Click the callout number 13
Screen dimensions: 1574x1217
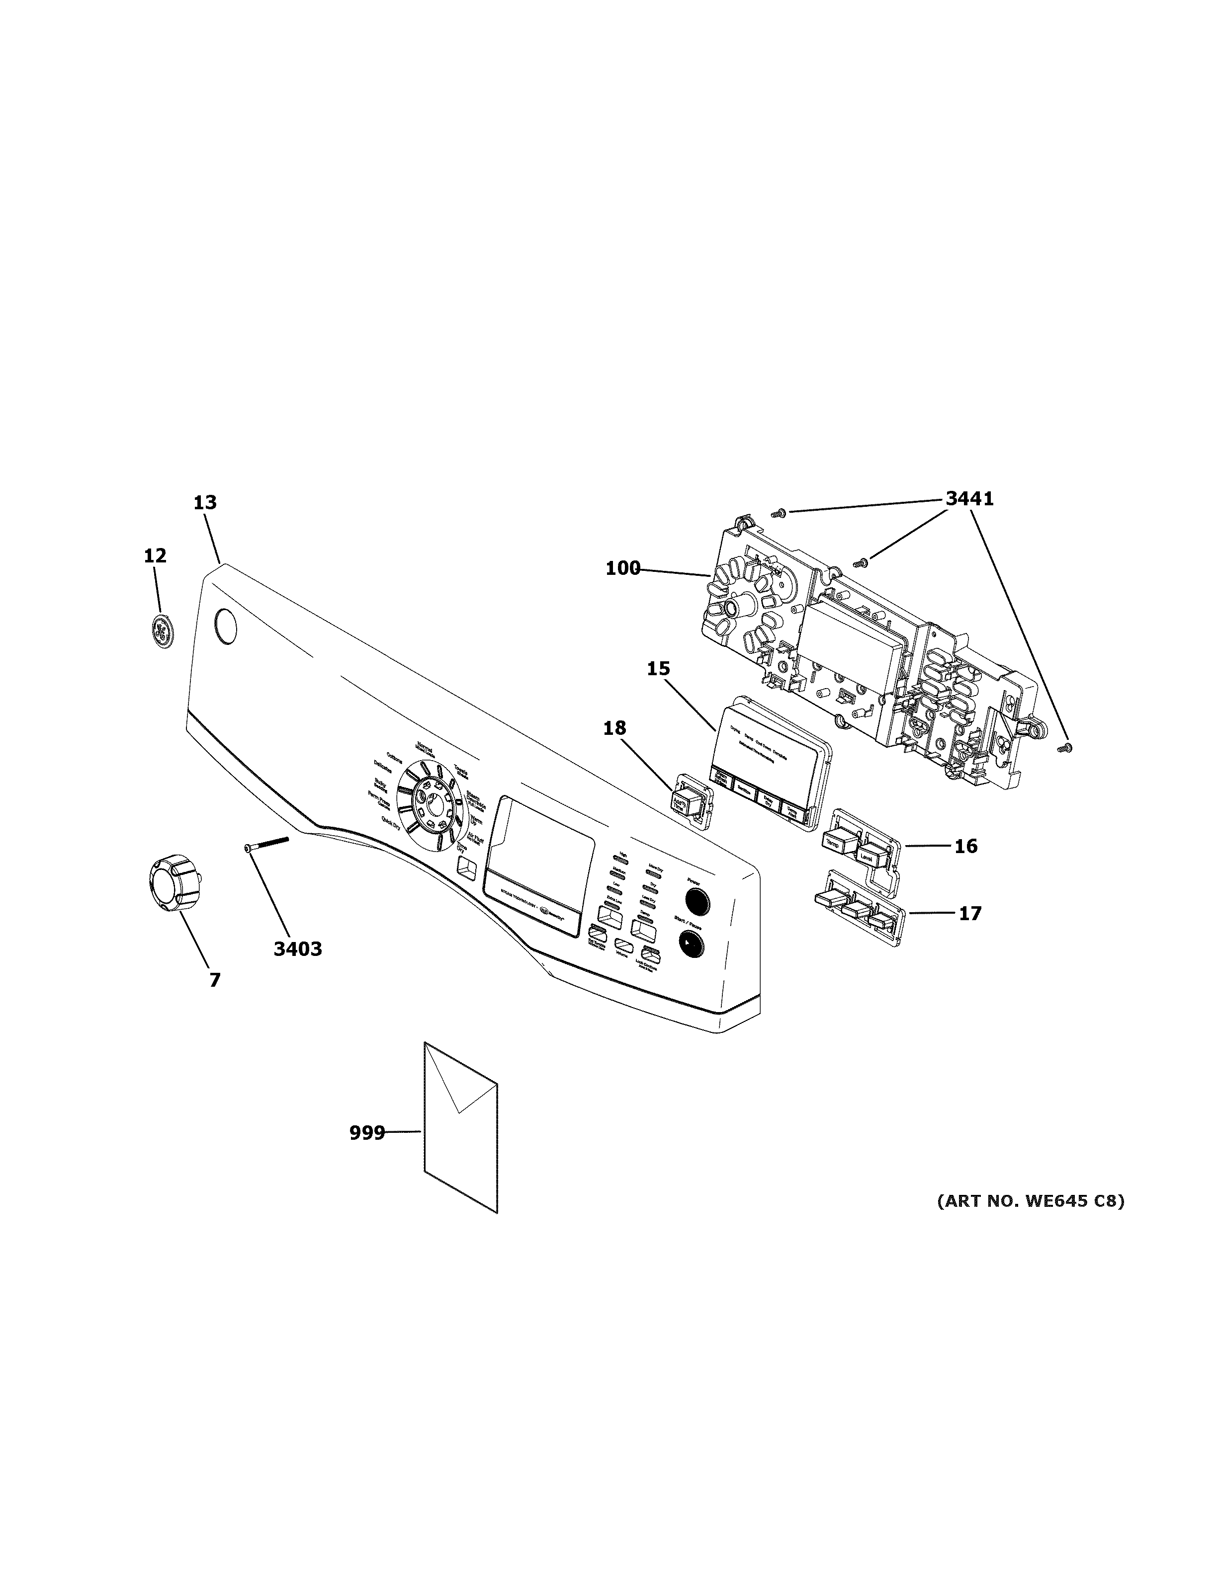pyautogui.click(x=205, y=502)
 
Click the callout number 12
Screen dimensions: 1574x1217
pyautogui.click(x=155, y=555)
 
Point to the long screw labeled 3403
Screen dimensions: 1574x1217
pyautogui.click(x=267, y=844)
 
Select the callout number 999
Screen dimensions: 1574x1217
pyautogui.click(x=366, y=1134)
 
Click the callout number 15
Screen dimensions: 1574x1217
pyautogui.click(x=658, y=668)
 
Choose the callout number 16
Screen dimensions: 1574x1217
pyautogui.click(x=965, y=846)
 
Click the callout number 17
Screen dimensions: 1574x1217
pyautogui.click(x=970, y=914)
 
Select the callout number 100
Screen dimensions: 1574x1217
pyautogui.click(x=622, y=568)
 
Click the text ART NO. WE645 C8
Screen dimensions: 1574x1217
pyautogui.click(x=1030, y=1201)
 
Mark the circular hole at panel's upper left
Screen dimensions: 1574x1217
pyautogui.click(x=226, y=627)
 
